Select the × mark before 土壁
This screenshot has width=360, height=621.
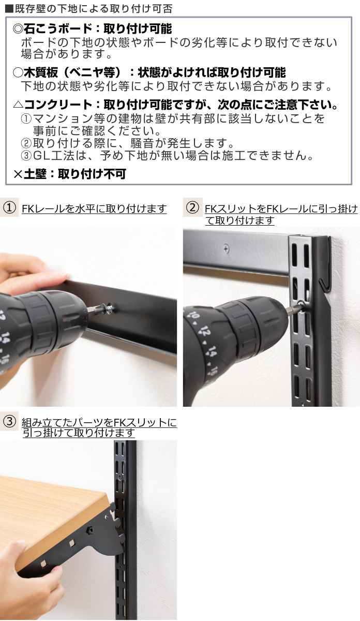click(x=18, y=174)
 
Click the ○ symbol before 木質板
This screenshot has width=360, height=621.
click(x=17, y=72)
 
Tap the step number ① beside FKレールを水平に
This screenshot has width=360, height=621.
click(x=9, y=208)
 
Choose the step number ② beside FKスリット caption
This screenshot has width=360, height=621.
click(x=192, y=208)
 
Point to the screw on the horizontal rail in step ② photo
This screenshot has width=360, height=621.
click(x=226, y=248)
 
